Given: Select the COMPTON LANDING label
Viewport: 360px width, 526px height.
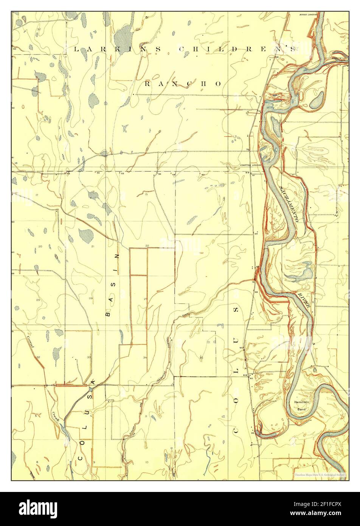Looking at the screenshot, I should pos(251,165).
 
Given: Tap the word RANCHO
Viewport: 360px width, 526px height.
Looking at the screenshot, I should pos(183,84).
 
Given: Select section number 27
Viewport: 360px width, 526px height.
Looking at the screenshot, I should pos(146,299).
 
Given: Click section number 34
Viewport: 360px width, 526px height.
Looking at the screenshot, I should pos(145,357).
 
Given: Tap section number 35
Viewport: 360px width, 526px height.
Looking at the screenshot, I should pos(202,357).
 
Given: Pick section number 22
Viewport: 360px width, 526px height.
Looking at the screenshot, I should pos(147,246).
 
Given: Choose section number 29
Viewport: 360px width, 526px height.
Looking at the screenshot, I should pos(38,300).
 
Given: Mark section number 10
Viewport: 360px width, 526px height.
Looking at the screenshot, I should pos(146,462).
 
